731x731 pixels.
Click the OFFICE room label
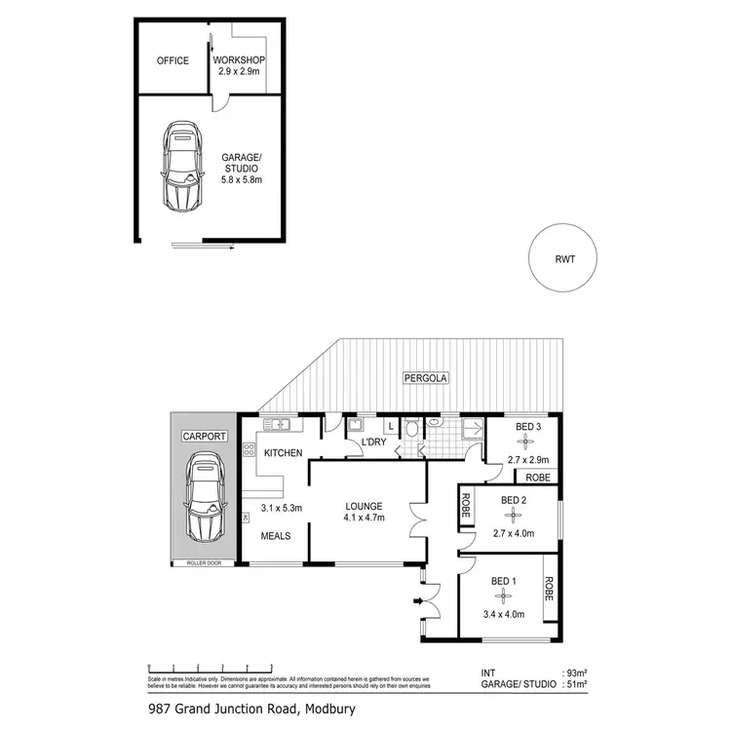point(173,61)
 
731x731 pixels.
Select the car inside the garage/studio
point(181,167)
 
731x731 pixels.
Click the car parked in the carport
point(206,498)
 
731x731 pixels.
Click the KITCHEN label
point(282,453)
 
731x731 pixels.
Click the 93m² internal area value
point(576,673)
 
